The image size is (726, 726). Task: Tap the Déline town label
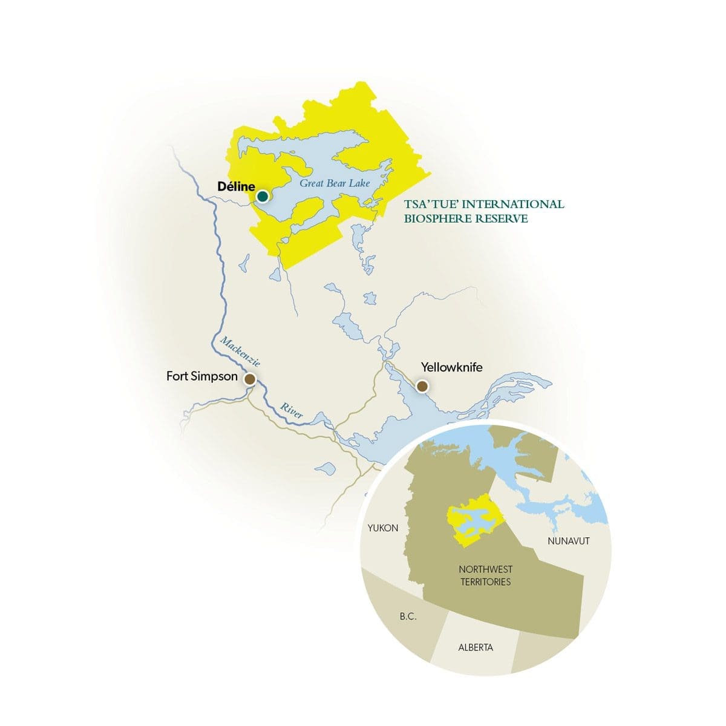click(x=236, y=188)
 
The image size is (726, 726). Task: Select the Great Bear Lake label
click(x=335, y=183)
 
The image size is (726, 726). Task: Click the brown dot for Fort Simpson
click(x=249, y=379)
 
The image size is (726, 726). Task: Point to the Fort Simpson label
click(x=202, y=376)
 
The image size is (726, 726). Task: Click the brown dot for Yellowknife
click(x=422, y=386)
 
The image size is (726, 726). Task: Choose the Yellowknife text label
click(x=451, y=367)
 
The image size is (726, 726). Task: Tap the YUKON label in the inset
click(x=383, y=528)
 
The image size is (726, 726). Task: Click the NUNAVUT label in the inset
click(x=568, y=541)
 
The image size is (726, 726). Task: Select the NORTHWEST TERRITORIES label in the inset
click(x=485, y=575)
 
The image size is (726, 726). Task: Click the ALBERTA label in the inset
click(x=476, y=647)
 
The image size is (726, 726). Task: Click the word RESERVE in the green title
click(x=502, y=218)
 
